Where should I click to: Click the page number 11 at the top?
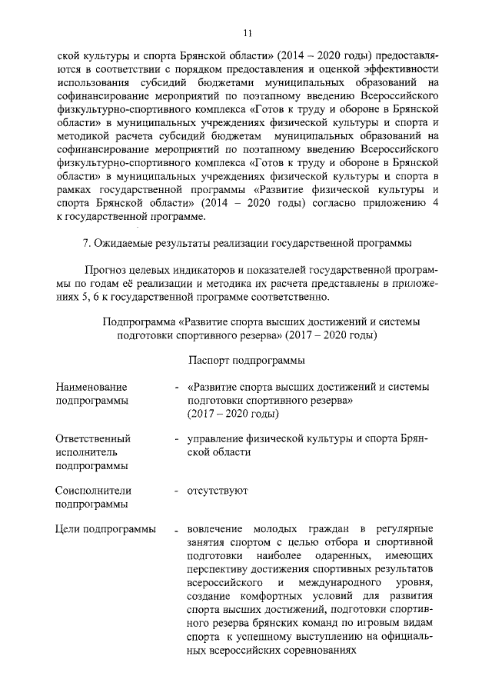246,32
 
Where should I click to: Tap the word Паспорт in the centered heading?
209,360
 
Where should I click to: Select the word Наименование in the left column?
91,387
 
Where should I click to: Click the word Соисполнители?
94,490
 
